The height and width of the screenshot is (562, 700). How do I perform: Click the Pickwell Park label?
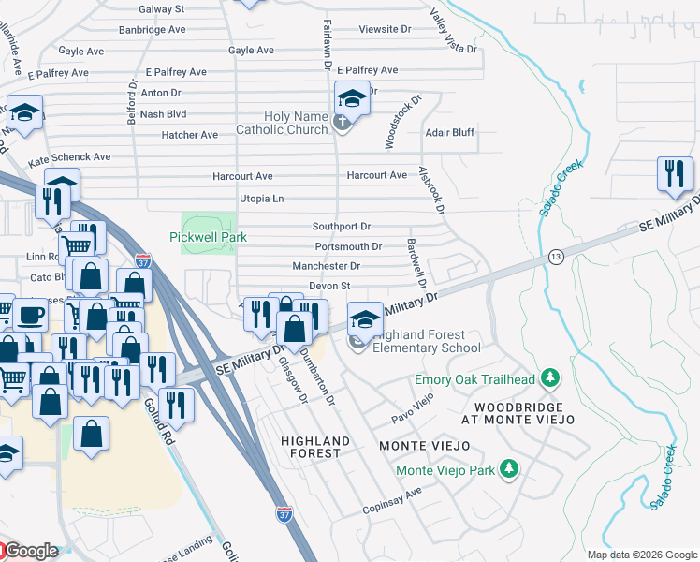[x=208, y=237]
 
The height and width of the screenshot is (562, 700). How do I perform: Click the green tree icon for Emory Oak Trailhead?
[x=551, y=378]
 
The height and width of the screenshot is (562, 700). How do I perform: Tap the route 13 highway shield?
[x=555, y=257]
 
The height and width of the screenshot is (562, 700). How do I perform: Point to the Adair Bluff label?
[x=449, y=132]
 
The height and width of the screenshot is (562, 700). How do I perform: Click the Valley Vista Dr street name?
[x=453, y=31]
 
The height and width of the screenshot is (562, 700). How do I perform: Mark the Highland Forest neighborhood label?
[x=315, y=447]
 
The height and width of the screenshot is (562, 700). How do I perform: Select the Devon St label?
[x=328, y=286]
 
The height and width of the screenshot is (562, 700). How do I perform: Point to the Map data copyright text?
[x=642, y=555]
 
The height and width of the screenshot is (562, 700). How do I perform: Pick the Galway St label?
[x=161, y=8]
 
